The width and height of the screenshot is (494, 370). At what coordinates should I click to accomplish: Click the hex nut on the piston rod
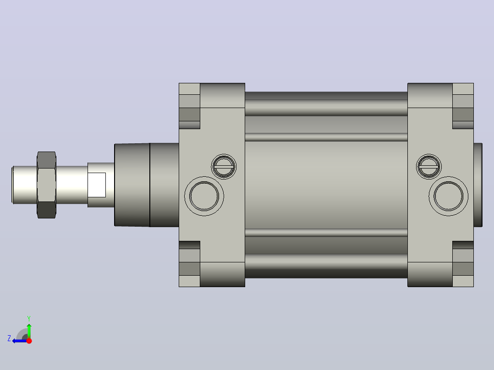tap(47, 185)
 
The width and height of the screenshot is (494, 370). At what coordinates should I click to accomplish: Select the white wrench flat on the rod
tap(96, 185)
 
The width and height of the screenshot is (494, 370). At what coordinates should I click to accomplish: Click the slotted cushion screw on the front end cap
tap(224, 167)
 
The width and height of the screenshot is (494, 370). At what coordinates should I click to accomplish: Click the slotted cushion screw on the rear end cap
tap(429, 167)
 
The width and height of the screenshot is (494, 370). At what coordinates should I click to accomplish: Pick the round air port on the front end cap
tap(204, 196)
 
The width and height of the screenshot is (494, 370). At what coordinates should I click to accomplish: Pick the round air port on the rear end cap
tap(448, 196)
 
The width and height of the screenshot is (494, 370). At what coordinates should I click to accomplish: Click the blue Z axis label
tap(9, 338)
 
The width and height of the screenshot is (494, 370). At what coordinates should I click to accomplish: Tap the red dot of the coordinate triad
tap(29, 341)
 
